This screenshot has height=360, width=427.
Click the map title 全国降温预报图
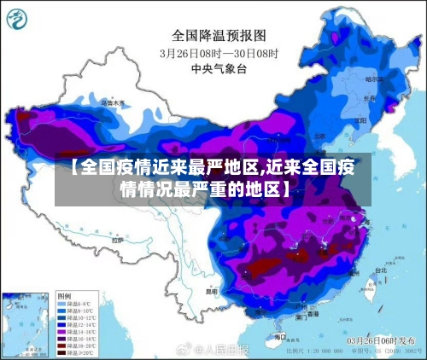tap(220, 35)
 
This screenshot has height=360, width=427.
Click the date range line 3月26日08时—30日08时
tap(220, 52)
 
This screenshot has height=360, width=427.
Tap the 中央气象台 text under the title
tap(220, 67)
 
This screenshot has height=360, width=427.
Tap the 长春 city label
tap(369, 97)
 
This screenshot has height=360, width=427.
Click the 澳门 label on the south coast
tap(301, 316)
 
